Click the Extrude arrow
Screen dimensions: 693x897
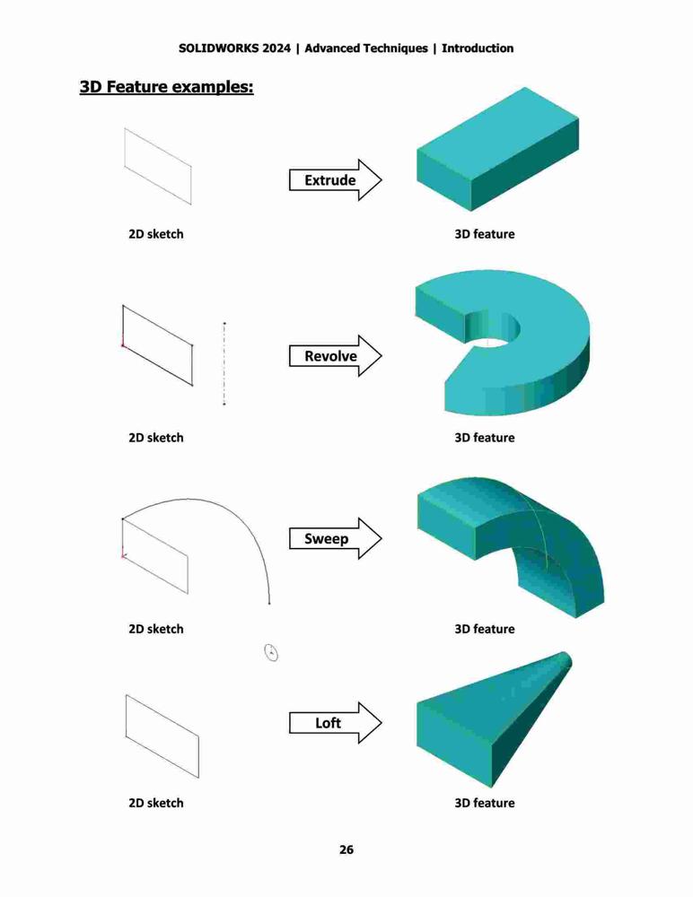tap(335, 180)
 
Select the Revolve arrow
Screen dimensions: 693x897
tap(335, 356)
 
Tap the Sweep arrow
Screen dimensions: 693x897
tap(335, 538)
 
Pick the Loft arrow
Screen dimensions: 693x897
tap(335, 722)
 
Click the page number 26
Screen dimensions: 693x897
tap(346, 849)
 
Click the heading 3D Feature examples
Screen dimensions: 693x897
tap(167, 87)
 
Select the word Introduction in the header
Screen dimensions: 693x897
tap(478, 48)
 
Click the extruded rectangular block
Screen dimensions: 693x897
tap(497, 149)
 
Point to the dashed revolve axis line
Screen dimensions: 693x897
tap(224, 364)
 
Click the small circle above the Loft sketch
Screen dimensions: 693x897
tap(271, 652)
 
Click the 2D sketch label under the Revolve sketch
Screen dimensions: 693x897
tap(156, 438)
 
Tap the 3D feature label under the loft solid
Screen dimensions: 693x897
tap(485, 803)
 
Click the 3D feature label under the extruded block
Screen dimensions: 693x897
tap(485, 234)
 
